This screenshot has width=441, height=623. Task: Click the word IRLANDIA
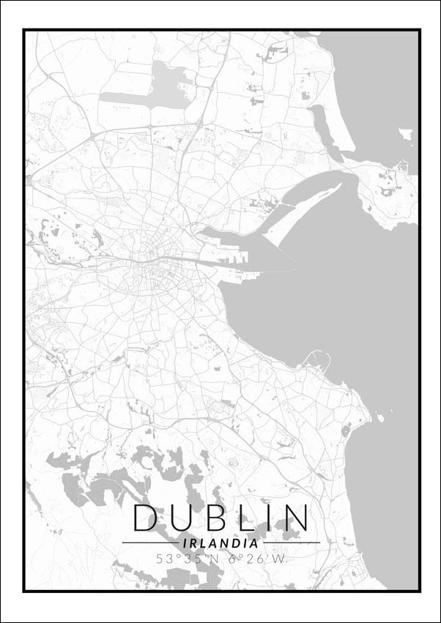[x=219, y=543]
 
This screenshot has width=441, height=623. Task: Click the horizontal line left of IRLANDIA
[x=150, y=543]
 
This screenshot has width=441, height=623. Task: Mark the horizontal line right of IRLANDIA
[x=291, y=543]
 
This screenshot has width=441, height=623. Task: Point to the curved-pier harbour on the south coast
[x=317, y=359]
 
